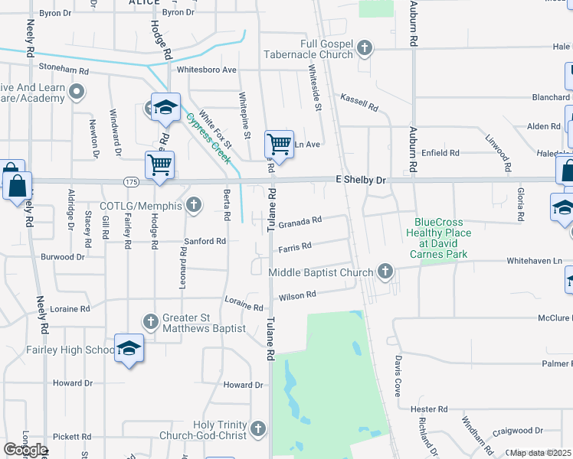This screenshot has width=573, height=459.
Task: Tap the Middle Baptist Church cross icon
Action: tap(385, 272)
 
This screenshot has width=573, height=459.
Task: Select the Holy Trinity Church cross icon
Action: tap(258, 429)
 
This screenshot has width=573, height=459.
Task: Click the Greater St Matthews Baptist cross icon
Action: tap(151, 319)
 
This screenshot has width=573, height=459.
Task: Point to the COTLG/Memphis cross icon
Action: tap(195, 205)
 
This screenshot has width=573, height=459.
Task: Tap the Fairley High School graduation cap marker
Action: tap(129, 348)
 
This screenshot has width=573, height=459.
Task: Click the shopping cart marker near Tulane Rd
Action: tap(280, 144)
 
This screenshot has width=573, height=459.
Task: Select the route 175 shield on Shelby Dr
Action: tap(130, 182)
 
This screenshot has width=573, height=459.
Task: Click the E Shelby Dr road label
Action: tap(362, 179)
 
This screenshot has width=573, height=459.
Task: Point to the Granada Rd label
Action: tap(300, 223)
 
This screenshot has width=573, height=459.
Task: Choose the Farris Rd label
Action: tap(295, 247)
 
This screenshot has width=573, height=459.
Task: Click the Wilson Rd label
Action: tap(299, 295)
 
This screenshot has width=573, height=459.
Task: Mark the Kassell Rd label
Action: tap(360, 103)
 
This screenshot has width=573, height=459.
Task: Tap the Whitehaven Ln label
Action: tap(539, 261)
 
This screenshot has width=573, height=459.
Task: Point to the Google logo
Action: tap(25, 450)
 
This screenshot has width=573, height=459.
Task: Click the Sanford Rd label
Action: tap(205, 241)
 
